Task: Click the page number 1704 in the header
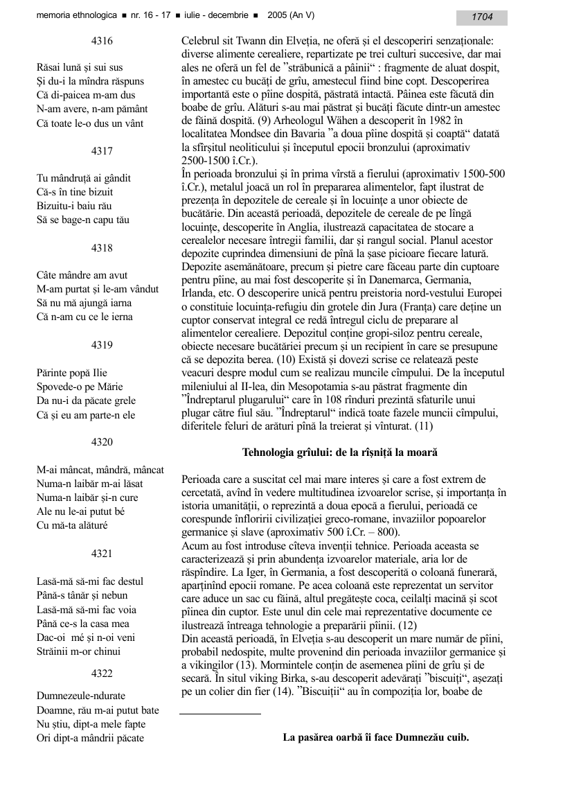[x=482, y=17]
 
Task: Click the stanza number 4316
[x=102, y=41]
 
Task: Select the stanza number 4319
[x=102, y=344]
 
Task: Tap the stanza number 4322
[x=102, y=672]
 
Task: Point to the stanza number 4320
[x=102, y=441]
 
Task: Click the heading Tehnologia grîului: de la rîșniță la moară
[x=339, y=452]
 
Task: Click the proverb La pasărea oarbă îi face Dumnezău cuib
[x=376, y=737]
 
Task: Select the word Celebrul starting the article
[x=202, y=42]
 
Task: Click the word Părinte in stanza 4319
[x=53, y=373]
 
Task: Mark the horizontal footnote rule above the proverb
[x=220, y=713]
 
